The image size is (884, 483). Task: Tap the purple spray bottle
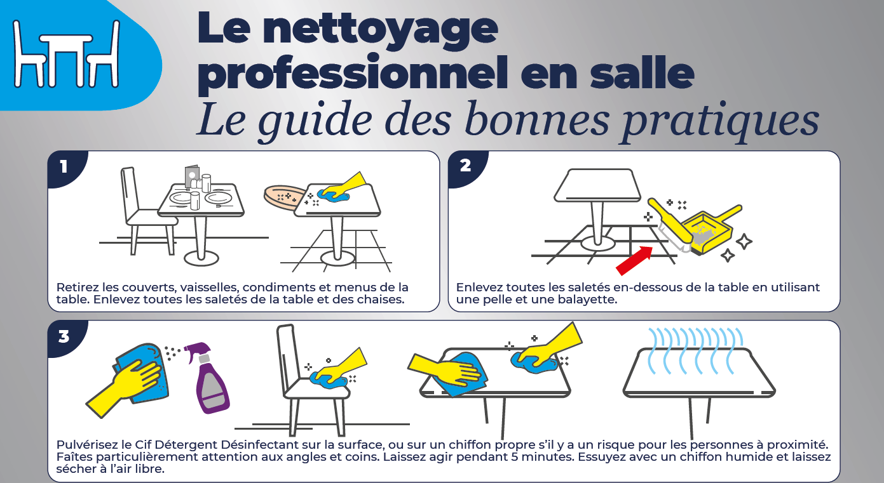point(208,378)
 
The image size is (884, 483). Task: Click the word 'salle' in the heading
point(642,73)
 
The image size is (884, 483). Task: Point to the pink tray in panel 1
point(284,199)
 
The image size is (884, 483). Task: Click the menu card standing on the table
point(192,176)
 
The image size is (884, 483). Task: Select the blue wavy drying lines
point(696,350)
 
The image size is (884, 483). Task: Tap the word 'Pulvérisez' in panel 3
point(88,445)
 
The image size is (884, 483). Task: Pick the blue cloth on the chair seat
point(329,380)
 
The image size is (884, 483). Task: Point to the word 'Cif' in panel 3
point(143,445)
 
